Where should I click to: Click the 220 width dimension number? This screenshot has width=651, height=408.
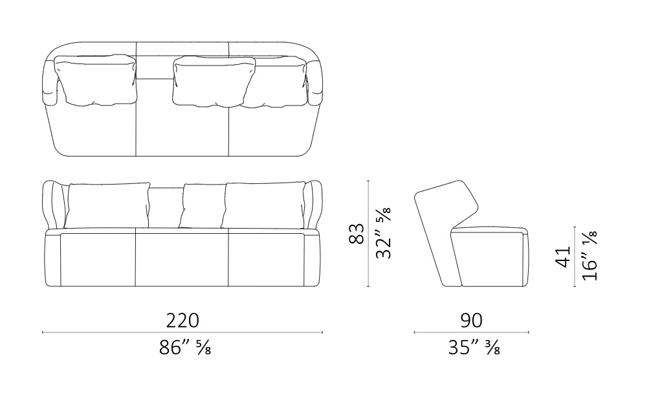coord(182,321)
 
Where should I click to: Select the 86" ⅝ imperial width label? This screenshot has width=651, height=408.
coord(185,347)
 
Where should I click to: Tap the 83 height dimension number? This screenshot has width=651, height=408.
coord(357,234)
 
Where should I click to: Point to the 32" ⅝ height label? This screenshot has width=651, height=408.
coord(383,233)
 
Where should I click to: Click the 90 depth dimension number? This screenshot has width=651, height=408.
coord(471,321)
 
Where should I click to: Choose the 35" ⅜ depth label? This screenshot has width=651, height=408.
coord(474,347)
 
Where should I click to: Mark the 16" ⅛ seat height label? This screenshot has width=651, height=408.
coord(589,256)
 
